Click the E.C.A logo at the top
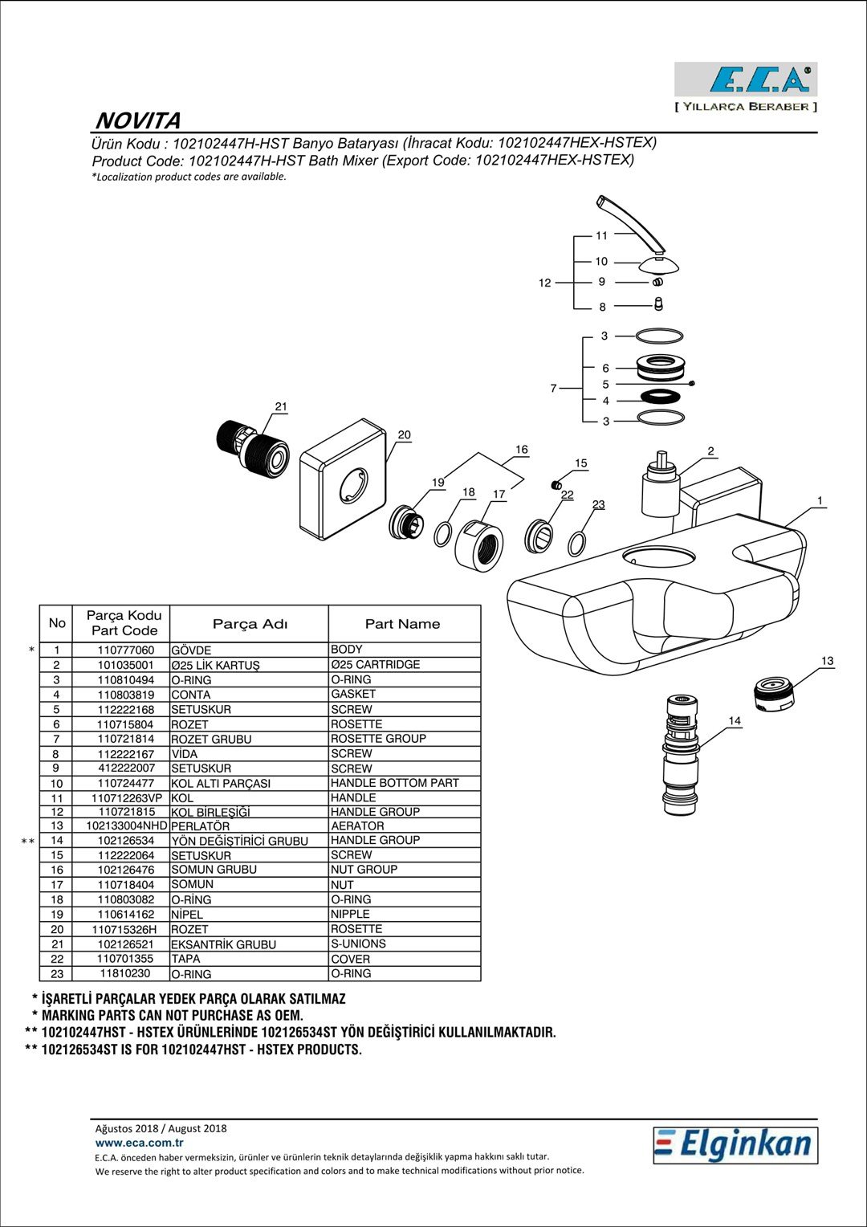(746, 79)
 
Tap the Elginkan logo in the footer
(735, 1145)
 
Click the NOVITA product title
(138, 120)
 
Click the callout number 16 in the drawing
(522, 450)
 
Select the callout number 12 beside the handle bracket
(544, 283)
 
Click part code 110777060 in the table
(126, 650)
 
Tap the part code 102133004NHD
(127, 825)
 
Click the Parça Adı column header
(250, 624)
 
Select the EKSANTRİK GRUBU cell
(223, 944)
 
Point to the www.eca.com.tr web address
(139, 1143)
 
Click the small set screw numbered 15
(556, 484)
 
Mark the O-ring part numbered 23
(576, 544)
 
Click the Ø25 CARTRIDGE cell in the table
(375, 664)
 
